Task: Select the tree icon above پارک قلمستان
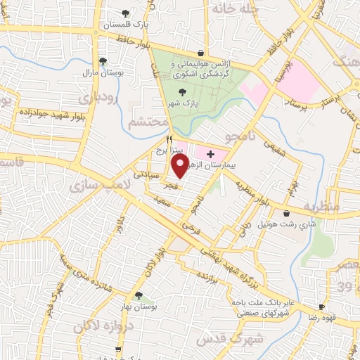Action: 126,13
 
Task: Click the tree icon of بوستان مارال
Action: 103,61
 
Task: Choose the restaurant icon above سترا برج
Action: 169,139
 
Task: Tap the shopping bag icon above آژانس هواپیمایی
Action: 202,53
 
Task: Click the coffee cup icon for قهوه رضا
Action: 321,307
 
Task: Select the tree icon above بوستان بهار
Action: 139,296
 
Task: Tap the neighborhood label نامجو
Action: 242,134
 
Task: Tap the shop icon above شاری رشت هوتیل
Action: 285,214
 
